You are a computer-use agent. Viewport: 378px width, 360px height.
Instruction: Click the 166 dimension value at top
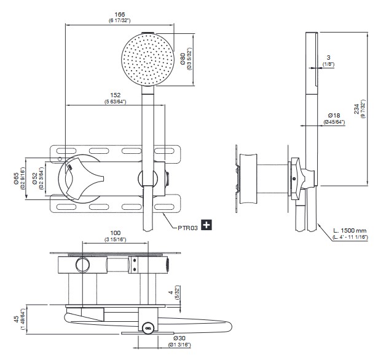pos(111,14)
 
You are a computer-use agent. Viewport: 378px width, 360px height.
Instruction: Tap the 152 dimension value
pos(114,94)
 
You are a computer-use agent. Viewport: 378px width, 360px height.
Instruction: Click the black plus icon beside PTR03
pos(207,225)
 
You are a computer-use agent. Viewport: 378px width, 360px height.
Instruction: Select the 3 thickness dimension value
pos(329,57)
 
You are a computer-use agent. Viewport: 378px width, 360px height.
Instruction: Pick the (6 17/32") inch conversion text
pos(111,22)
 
